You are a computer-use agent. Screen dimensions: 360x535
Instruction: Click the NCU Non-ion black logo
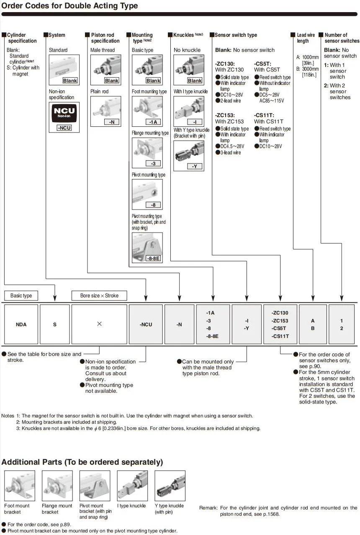point(64,112)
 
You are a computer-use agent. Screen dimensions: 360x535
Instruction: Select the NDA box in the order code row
point(21,324)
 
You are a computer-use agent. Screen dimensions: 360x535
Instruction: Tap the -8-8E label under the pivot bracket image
point(153,259)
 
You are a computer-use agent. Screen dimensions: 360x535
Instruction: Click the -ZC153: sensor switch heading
point(225,115)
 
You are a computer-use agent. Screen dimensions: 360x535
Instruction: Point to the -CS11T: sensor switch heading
point(265,115)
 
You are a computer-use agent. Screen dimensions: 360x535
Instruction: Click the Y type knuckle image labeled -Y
point(188,153)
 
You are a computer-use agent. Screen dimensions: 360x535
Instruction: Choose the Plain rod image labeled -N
point(105,111)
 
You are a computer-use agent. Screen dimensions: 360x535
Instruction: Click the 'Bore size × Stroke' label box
point(99,296)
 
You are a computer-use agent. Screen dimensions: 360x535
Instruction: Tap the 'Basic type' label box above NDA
point(21,296)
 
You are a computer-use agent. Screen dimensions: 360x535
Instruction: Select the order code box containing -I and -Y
point(247,324)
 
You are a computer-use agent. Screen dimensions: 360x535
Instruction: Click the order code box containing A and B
point(312,324)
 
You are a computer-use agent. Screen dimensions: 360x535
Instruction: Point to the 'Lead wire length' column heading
point(306,38)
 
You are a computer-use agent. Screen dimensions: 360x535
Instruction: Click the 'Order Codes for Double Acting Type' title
point(69,6)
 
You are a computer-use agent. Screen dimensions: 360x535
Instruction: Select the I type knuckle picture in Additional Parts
point(132,486)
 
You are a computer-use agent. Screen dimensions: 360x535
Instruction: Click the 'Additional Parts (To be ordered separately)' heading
point(82,462)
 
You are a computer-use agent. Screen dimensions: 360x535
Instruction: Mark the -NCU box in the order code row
point(146,324)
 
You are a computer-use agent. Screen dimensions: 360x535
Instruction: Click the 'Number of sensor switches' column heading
point(342,38)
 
